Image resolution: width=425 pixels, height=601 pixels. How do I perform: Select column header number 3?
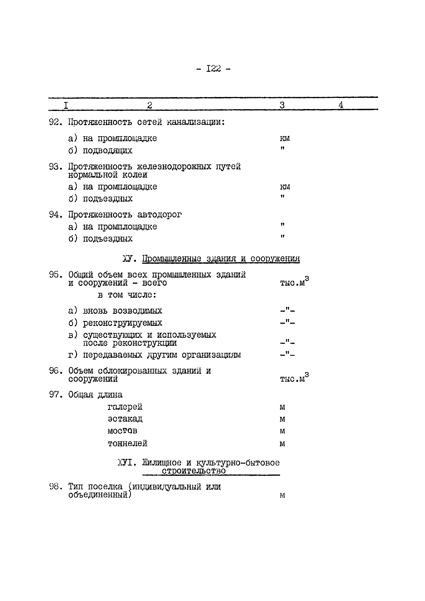coord(282,105)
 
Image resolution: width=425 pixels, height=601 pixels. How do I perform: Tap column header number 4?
coord(341,105)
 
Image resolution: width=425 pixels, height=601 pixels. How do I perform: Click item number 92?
coord(55,122)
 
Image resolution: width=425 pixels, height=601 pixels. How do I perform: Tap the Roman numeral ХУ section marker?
coord(129,259)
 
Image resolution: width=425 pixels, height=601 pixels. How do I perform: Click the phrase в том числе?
coord(127,295)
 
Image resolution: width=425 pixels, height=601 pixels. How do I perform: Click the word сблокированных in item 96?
coord(132,371)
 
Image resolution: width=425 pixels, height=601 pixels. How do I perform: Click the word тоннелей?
coord(127,443)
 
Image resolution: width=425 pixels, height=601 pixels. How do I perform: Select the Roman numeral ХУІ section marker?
coord(127,463)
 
